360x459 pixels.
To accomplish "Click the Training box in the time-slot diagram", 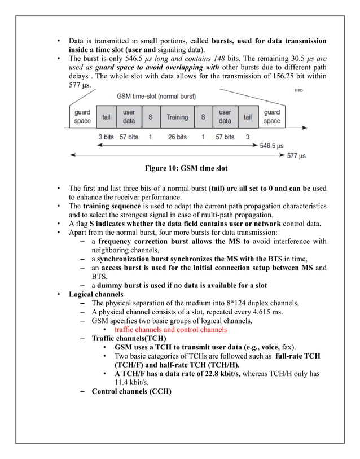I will (x=177, y=117).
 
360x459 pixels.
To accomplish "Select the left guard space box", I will (x=82, y=117).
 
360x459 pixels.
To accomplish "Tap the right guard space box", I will (x=271, y=117).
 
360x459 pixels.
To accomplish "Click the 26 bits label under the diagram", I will (x=177, y=137).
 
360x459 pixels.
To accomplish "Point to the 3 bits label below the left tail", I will (x=106, y=137).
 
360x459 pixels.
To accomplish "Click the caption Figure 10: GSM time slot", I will (x=186, y=168).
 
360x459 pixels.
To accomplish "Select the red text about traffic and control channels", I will (x=170, y=329).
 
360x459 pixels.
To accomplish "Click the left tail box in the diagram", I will (x=106, y=117).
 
